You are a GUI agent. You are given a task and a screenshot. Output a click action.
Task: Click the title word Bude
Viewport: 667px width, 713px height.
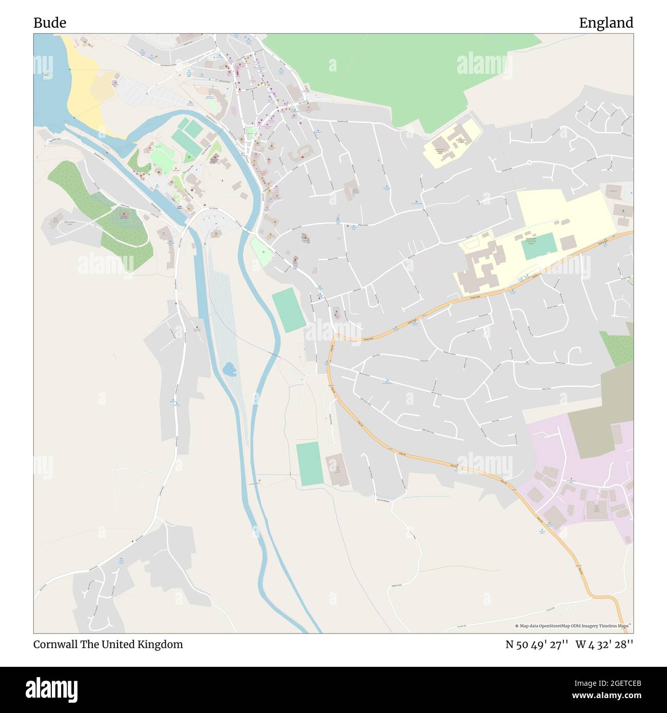50,23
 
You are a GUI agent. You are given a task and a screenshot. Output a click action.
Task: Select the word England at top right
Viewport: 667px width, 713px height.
606,23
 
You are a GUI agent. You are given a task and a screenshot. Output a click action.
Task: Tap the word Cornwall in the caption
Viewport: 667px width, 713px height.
55,644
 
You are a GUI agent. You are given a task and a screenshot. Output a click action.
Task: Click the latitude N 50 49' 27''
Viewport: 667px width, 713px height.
536,644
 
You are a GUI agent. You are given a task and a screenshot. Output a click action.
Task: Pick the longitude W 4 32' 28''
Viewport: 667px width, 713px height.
604,644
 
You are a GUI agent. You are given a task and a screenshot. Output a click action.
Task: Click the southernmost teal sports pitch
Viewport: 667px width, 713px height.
309,464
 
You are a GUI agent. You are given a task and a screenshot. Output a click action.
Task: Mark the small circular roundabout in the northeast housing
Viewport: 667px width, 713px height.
529,163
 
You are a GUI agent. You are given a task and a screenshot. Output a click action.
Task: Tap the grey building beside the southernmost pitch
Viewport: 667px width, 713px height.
337,469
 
